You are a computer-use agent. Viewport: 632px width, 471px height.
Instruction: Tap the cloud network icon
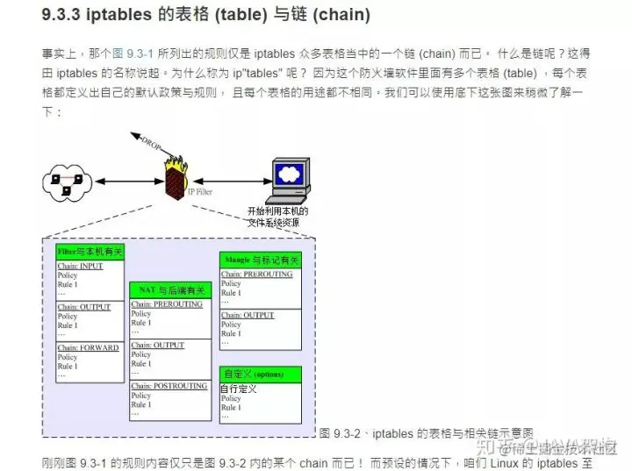tap(68, 181)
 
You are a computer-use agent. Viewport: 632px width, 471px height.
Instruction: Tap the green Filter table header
tap(90, 252)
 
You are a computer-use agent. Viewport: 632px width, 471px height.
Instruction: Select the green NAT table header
tap(169, 290)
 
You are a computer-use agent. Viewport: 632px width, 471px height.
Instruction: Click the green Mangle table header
tap(260, 260)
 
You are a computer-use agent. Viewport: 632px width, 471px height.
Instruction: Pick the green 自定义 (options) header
tap(260, 375)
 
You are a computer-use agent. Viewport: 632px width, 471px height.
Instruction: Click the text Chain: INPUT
tap(80, 265)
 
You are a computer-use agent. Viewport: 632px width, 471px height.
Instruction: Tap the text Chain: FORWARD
tap(88, 347)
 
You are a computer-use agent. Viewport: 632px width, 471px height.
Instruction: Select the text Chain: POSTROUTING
tap(169, 386)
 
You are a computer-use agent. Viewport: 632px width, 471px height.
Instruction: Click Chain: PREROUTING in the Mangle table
tap(257, 274)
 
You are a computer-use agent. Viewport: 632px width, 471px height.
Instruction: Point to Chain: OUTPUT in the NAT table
tap(158, 346)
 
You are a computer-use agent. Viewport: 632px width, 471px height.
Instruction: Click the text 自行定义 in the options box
tap(239, 388)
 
